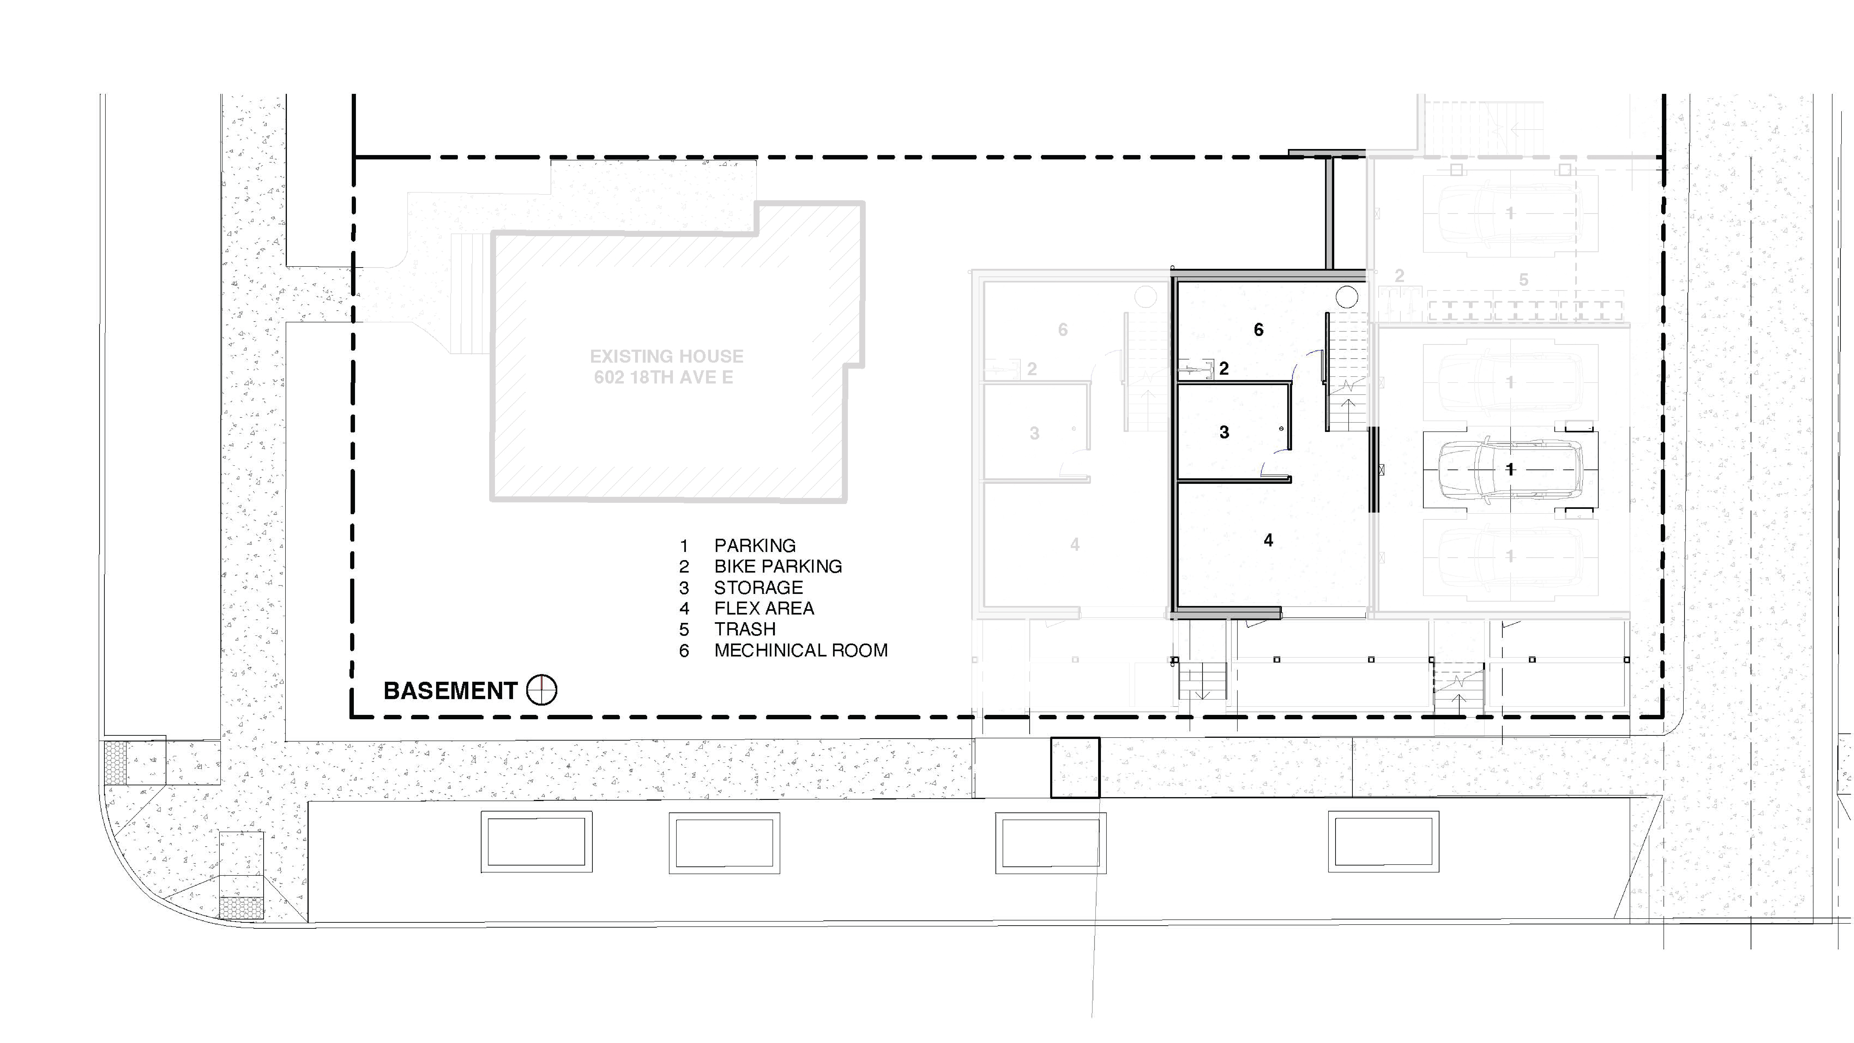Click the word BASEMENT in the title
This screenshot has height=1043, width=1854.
click(x=450, y=691)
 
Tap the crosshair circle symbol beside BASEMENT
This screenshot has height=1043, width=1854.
click(x=541, y=690)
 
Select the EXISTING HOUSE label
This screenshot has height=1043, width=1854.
click(x=666, y=356)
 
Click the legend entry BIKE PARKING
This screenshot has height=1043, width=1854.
click(x=778, y=567)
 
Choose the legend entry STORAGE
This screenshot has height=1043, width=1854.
click(x=759, y=587)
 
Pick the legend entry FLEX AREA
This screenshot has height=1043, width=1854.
click(x=764, y=608)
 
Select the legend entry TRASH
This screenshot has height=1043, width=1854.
click(x=745, y=629)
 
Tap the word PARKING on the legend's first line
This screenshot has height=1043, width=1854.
click(x=755, y=546)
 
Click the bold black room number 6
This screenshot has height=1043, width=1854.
click(x=1258, y=330)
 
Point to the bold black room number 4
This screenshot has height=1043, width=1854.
click(x=1268, y=540)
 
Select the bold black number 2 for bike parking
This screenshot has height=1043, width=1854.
click(x=1223, y=368)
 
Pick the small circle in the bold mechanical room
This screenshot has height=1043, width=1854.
click(x=1347, y=297)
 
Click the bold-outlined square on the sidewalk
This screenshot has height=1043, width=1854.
click(x=1075, y=767)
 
